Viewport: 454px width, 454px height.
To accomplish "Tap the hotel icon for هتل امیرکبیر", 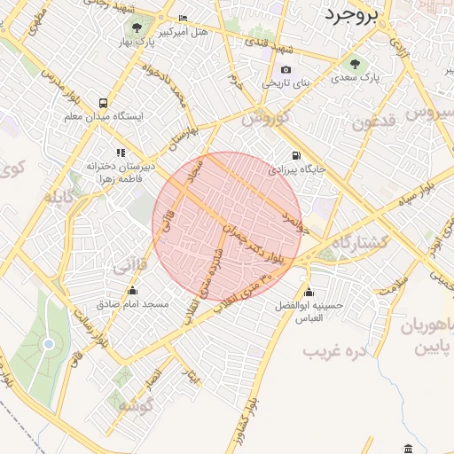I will pyautogui.click(x=184, y=19).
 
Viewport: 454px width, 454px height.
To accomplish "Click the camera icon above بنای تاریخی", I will pyautogui.click(x=286, y=70).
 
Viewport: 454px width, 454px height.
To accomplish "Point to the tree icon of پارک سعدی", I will pyautogui.click(x=356, y=64).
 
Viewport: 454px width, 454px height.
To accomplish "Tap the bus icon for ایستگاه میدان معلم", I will pyautogui.click(x=104, y=103).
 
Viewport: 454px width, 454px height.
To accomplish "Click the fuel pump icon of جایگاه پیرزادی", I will pyautogui.click(x=296, y=155).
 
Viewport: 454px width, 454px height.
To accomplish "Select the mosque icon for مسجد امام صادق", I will pyautogui.click(x=132, y=291).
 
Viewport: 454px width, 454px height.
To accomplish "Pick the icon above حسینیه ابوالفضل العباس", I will pyautogui.click(x=309, y=294).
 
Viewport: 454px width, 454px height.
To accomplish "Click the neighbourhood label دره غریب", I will pyautogui.click(x=334, y=352).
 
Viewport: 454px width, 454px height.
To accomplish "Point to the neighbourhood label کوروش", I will pyautogui.click(x=264, y=117).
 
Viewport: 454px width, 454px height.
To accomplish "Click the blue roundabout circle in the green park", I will pyautogui.click(x=49, y=343).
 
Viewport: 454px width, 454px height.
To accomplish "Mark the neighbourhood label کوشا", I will pyautogui.click(x=134, y=403).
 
